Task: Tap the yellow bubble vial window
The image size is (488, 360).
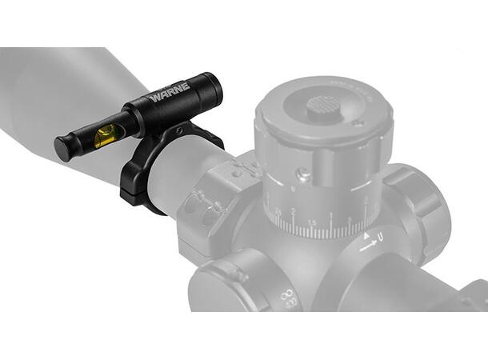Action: coord(104,138)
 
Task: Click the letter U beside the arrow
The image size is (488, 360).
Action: coord(381,238)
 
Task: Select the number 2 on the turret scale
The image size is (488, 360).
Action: coord(294,213)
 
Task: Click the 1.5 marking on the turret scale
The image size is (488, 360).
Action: coord(313,220)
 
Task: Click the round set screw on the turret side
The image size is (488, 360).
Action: coord(303,174)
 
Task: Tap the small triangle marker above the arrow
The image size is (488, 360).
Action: coord(367,237)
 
